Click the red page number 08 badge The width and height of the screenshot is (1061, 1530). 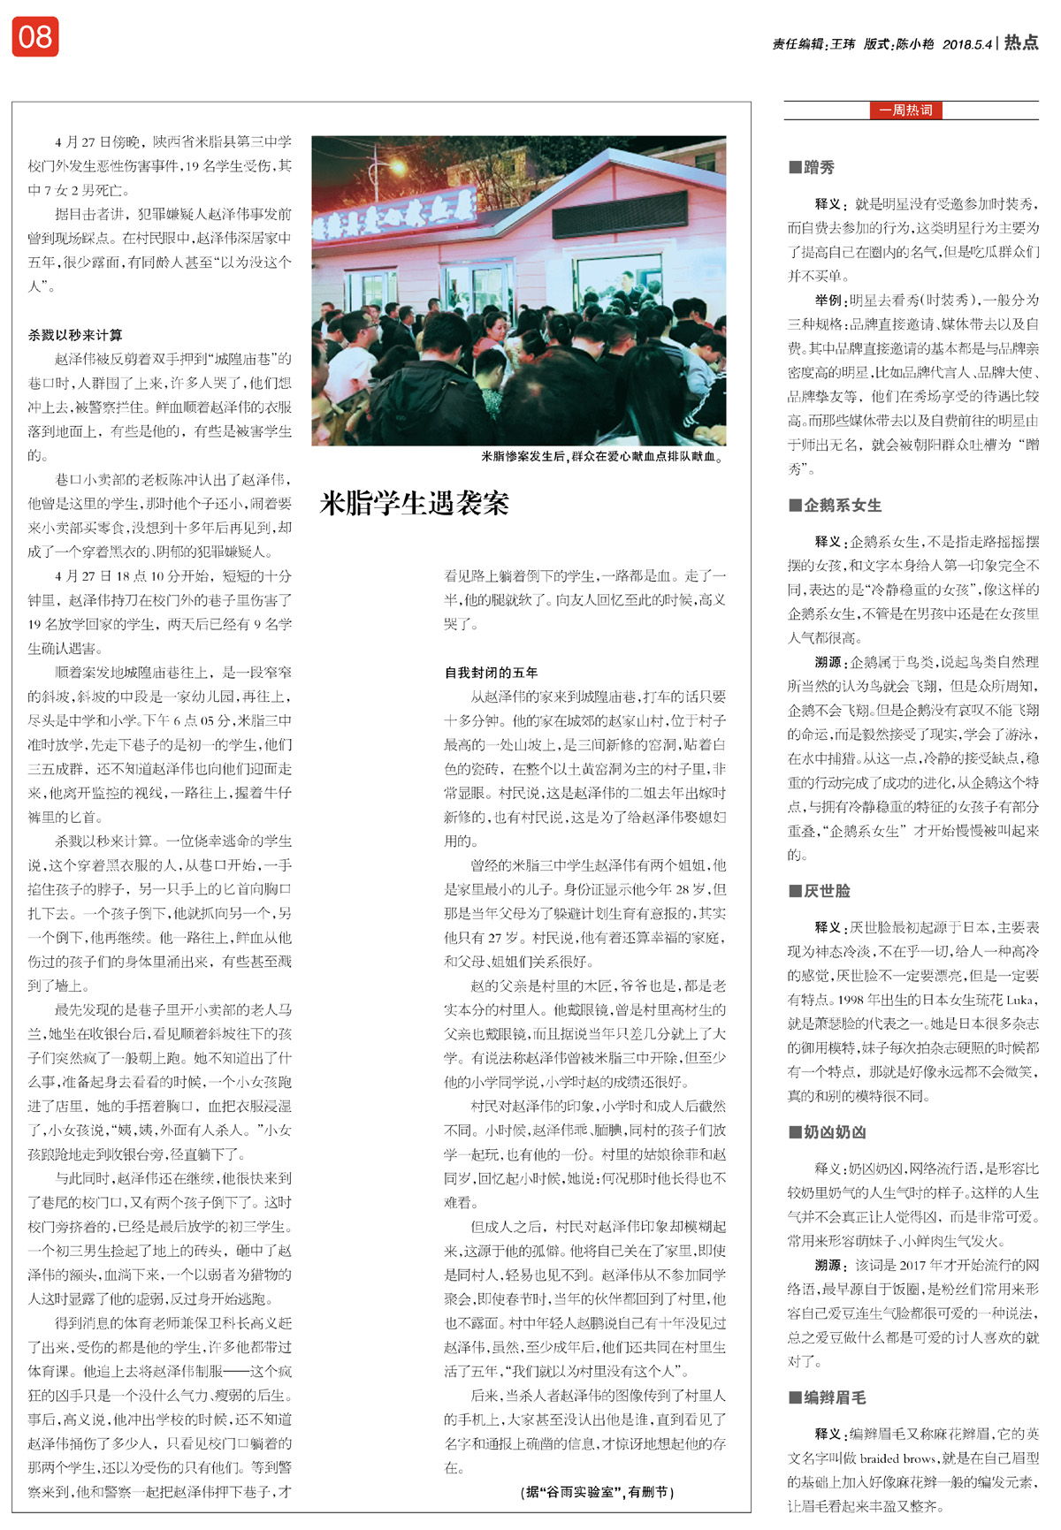point(35,37)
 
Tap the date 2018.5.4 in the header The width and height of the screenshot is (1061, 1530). point(966,44)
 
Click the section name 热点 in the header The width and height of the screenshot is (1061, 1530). point(1021,42)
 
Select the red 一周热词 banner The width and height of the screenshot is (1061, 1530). point(905,110)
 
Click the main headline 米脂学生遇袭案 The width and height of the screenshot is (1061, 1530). point(414,504)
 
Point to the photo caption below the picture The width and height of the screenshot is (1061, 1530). point(602,457)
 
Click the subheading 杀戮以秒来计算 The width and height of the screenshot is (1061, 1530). point(75,335)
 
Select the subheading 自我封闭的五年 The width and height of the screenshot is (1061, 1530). point(491,673)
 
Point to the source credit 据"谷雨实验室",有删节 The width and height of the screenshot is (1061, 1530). point(598,1492)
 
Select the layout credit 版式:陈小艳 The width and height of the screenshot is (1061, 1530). point(898,44)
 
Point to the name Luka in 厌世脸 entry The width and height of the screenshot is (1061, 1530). point(1019,1001)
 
